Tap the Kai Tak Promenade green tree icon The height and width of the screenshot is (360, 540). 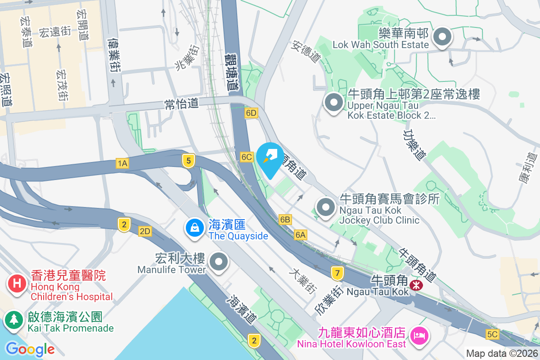[x=14, y=319]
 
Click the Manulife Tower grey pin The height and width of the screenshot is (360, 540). [x=219, y=261]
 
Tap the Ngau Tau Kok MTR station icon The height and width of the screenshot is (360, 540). [x=418, y=284]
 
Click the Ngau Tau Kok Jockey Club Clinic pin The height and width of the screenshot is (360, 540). [x=326, y=207]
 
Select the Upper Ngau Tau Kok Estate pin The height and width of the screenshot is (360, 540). [x=333, y=103]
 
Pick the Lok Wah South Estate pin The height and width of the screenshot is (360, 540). [x=441, y=37]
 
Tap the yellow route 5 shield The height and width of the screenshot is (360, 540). [x=189, y=161]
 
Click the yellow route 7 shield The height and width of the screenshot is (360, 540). [x=337, y=273]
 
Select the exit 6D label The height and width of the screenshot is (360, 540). [x=252, y=113]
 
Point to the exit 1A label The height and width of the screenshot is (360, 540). [x=122, y=163]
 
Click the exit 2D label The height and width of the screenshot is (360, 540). [x=145, y=231]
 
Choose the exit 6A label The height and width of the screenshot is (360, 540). [x=301, y=234]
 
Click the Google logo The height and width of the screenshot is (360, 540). [x=30, y=349]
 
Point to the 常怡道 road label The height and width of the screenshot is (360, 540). [x=181, y=104]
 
